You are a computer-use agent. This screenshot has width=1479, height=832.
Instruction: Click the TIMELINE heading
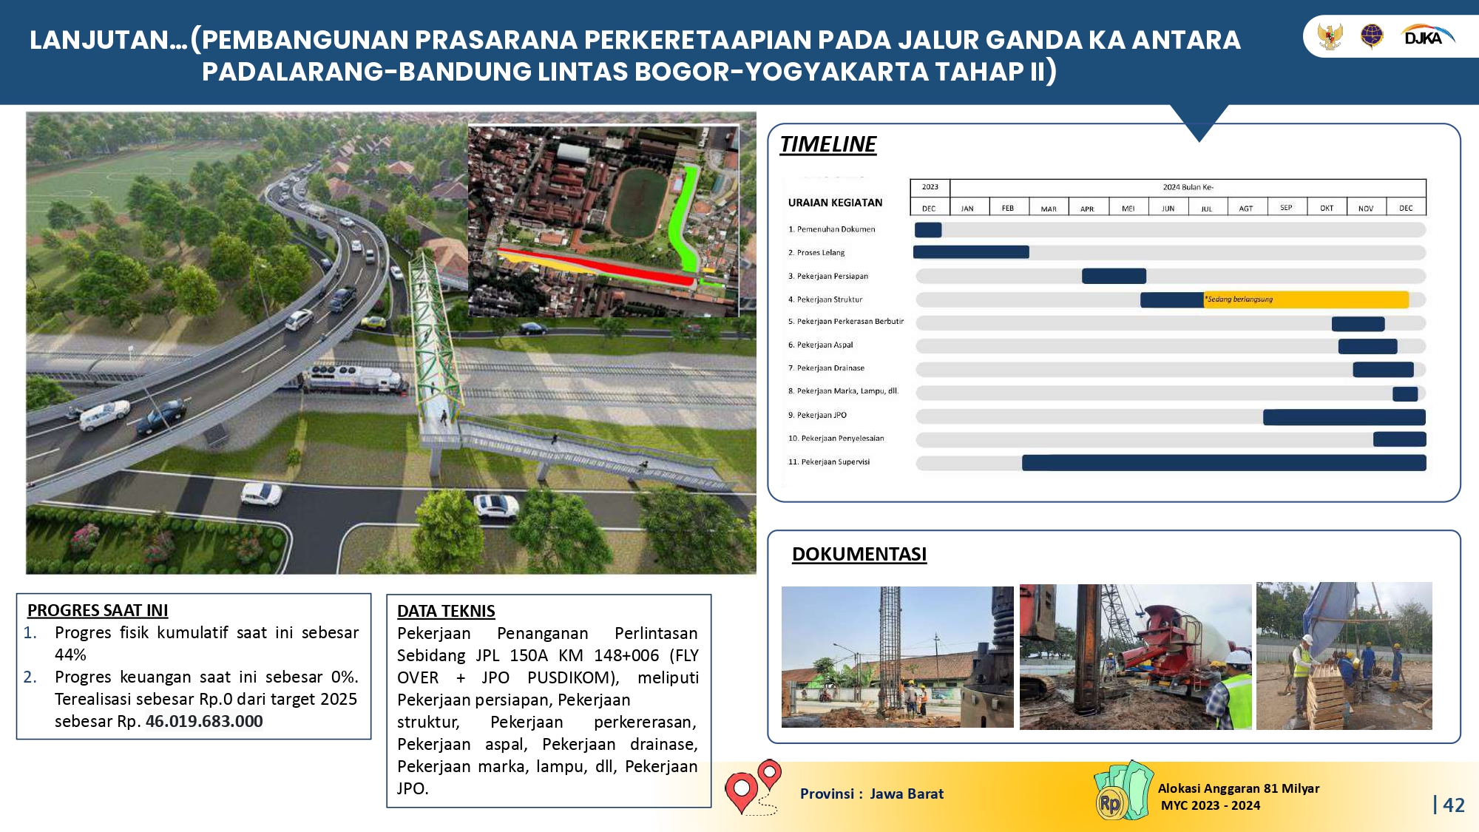click(828, 144)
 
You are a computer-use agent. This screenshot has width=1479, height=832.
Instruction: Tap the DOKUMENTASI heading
click(859, 554)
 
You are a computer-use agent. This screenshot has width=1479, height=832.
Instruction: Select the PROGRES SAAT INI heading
click(98, 610)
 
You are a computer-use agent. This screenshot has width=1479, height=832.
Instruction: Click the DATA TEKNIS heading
click(446, 611)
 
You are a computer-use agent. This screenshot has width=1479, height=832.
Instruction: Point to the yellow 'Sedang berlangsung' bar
click(1306, 300)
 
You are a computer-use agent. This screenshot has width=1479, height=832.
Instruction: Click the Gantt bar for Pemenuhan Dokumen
click(928, 230)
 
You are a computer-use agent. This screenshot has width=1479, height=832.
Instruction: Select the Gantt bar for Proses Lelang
click(971, 252)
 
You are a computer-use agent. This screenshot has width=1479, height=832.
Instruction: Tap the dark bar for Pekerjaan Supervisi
click(1224, 463)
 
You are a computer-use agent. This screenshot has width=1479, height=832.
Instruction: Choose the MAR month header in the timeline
click(1049, 209)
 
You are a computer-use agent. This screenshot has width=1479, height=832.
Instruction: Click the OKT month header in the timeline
click(1327, 209)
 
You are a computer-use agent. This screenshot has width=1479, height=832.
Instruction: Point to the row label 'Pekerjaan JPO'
click(822, 415)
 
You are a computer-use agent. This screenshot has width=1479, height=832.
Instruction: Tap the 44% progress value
click(70, 655)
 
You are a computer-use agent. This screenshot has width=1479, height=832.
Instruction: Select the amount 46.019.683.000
click(204, 721)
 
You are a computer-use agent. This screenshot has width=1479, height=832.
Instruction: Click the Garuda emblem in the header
click(1330, 36)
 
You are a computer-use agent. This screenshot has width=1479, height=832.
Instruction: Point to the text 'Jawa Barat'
click(907, 794)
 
